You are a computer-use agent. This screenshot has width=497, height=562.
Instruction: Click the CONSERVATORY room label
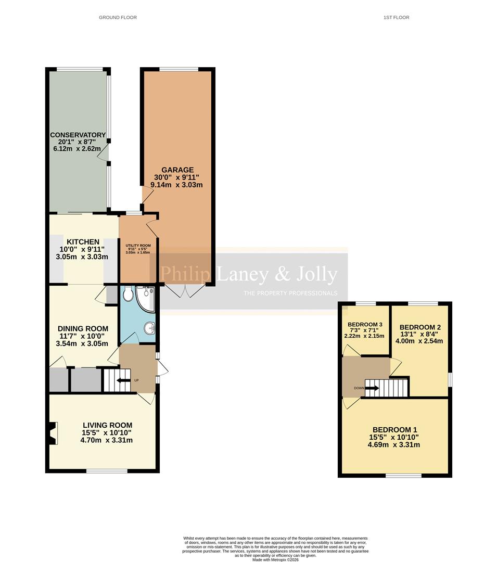pyautogui.click(x=78, y=135)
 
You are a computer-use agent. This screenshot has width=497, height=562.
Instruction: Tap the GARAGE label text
pyautogui.click(x=177, y=170)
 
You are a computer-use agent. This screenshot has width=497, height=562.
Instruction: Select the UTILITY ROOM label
pyautogui.click(x=138, y=245)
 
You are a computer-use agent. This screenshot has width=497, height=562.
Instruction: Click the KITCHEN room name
pyautogui.click(x=83, y=241)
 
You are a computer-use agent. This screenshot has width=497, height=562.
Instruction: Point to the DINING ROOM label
pyautogui.click(x=83, y=328)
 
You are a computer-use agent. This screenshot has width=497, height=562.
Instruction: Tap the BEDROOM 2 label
pyautogui.click(x=420, y=327)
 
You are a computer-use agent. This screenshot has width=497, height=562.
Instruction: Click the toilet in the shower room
pyautogui.click(x=128, y=295)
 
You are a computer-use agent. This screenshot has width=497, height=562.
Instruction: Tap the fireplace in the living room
pyautogui.click(x=52, y=433)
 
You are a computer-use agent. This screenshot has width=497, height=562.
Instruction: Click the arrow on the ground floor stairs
pyautogui.click(x=123, y=380)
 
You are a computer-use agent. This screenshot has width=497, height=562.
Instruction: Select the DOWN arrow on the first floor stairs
pyautogui.click(x=372, y=388)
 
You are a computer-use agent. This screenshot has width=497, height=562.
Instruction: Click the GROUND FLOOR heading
pyautogui.click(x=118, y=18)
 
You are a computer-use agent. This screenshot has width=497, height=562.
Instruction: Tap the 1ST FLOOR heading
pyautogui.click(x=397, y=18)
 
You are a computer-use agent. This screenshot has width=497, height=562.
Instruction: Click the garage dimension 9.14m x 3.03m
pyautogui.click(x=176, y=185)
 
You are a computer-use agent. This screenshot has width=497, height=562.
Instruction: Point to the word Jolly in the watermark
pyautogui.click(x=316, y=274)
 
